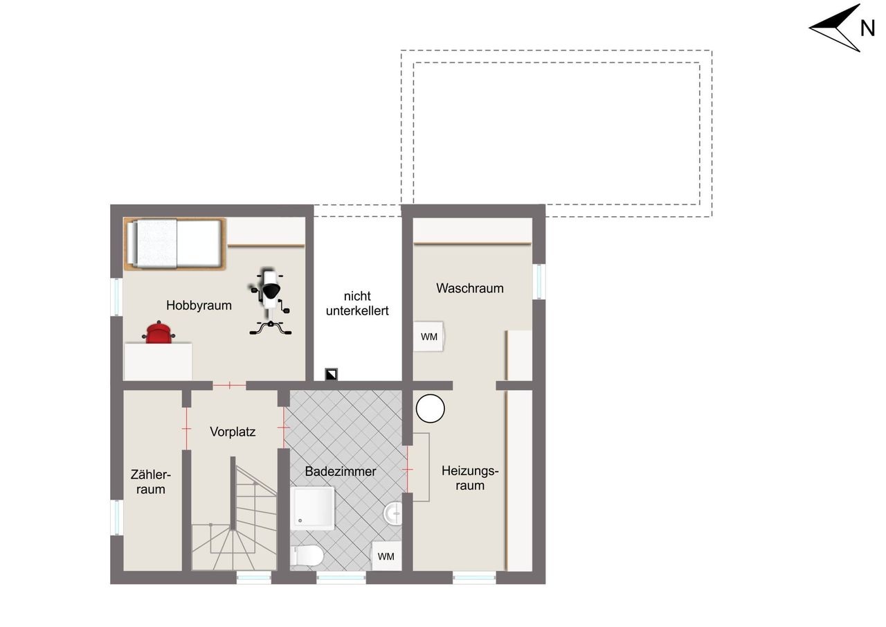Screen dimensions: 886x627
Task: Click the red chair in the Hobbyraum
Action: pyautogui.click(x=159, y=333)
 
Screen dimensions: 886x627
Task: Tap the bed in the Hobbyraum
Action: pyautogui.click(x=175, y=244)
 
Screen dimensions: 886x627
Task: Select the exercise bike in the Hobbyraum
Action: pyautogui.click(x=270, y=301)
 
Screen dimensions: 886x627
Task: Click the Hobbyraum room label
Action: pyautogui.click(x=199, y=306)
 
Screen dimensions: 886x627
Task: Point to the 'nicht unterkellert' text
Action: pyautogui.click(x=357, y=303)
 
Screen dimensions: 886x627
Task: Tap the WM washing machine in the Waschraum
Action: pyautogui.click(x=428, y=337)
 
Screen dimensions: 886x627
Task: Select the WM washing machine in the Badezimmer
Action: pyautogui.click(x=386, y=556)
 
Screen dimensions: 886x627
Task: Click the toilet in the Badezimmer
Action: pyautogui.click(x=307, y=556)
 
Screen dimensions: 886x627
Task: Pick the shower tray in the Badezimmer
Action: pyautogui.click(x=313, y=509)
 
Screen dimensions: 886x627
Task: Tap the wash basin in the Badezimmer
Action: pyautogui.click(x=393, y=513)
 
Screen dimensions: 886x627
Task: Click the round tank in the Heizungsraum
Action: pyautogui.click(x=431, y=409)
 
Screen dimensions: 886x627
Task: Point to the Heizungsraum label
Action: pyautogui.click(x=470, y=478)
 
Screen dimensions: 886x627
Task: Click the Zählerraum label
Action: pyautogui.click(x=151, y=482)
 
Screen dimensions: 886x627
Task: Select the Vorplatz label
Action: pyautogui.click(x=233, y=432)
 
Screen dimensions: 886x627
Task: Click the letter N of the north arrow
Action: pyautogui.click(x=867, y=28)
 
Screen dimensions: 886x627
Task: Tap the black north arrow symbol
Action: pyautogui.click(x=835, y=28)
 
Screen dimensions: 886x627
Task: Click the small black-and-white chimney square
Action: pyautogui.click(x=331, y=374)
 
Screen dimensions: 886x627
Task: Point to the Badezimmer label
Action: pyautogui.click(x=340, y=471)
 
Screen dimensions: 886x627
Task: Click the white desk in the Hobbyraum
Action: pyautogui.click(x=159, y=362)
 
